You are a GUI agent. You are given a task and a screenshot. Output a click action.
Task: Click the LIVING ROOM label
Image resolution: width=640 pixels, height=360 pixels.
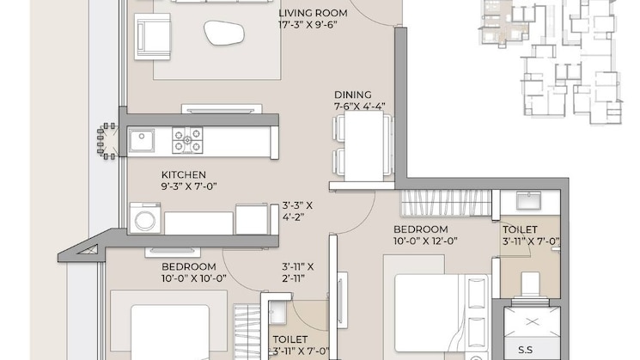[314, 14]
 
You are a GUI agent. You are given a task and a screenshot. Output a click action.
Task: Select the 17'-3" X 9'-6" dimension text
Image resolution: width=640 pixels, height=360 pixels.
[314, 26]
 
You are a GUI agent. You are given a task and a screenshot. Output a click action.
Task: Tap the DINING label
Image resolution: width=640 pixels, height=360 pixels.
[353, 95]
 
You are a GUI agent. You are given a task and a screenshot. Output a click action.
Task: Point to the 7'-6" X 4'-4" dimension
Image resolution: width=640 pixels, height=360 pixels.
[360, 107]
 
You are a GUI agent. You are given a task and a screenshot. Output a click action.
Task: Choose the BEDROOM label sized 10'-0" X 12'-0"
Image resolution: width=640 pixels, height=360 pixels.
[421, 229]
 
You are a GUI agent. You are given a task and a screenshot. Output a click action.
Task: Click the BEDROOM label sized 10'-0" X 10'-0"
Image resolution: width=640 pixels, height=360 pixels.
[188, 266]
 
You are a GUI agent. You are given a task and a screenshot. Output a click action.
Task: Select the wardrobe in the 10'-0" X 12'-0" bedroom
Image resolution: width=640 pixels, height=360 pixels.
[446, 204]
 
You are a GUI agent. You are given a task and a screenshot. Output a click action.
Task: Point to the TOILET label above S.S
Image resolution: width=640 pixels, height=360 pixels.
[521, 230]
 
